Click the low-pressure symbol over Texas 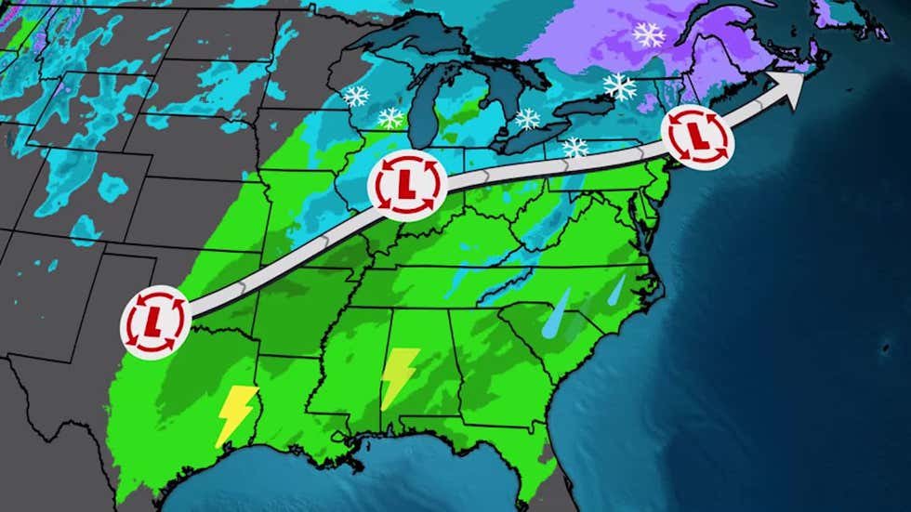[x=154, y=322]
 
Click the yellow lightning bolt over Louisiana [x=235, y=415]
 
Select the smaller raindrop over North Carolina [x=617, y=288]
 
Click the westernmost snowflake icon [x=355, y=96]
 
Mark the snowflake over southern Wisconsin [x=390, y=118]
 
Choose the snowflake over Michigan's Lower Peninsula [x=527, y=119]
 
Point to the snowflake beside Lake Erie [x=575, y=147]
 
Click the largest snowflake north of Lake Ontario [x=620, y=87]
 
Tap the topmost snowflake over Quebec [x=649, y=35]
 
